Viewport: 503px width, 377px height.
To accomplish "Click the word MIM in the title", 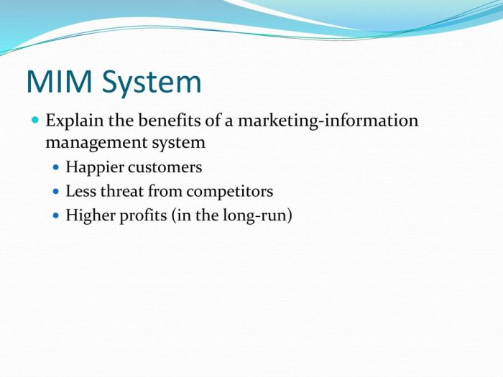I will (x=58, y=82).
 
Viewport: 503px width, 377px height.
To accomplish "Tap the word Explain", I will (x=75, y=121).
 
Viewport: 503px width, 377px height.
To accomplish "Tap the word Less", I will (x=79, y=191).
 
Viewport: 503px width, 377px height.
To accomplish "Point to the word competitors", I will (x=230, y=192).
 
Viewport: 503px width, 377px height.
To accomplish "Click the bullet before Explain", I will (x=36, y=121).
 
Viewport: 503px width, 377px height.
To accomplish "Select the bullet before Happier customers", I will (x=57, y=168).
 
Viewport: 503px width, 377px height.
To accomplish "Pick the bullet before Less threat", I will (x=57, y=192).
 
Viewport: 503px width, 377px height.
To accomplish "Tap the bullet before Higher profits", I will (x=57, y=215).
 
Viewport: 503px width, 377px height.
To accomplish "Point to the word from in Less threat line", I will (x=165, y=191).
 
